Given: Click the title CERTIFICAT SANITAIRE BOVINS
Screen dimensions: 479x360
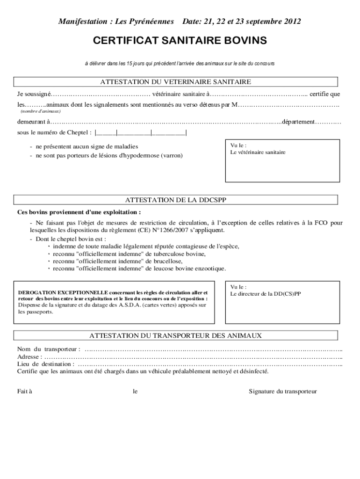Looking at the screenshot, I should [180, 41].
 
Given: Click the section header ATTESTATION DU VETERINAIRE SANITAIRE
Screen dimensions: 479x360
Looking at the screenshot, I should [175, 82].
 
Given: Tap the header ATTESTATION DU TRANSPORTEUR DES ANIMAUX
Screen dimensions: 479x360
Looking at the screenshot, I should [175, 336].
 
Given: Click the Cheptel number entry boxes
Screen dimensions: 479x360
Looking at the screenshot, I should [140, 132].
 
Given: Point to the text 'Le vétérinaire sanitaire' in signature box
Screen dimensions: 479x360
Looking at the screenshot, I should [258, 152].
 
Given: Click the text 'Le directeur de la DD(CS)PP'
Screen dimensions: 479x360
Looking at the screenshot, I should [266, 294].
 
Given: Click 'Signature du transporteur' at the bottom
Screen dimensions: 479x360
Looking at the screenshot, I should [282, 391].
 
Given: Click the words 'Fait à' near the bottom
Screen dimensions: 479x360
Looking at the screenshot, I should [25, 391].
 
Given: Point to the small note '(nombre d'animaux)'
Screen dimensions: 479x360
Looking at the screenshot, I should [41, 112].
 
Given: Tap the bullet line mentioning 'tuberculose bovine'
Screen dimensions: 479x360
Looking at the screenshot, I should [129, 254].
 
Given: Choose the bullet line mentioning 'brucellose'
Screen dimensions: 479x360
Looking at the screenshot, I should [117, 261].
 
